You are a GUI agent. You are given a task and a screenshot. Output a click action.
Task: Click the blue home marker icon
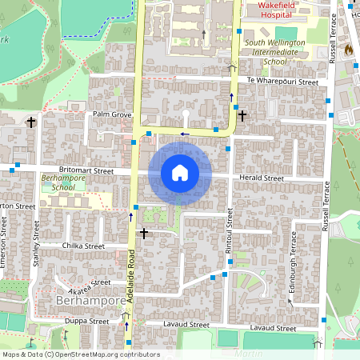(x=180, y=173)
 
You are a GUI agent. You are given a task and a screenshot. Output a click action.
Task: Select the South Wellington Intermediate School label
(x=276, y=52)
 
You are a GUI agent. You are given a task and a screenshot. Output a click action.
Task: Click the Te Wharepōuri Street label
(x=282, y=82)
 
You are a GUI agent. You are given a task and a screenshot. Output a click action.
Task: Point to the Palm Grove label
(x=111, y=114)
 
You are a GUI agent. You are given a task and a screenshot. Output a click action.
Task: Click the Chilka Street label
(x=83, y=246)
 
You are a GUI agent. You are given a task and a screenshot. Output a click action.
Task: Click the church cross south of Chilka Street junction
(x=144, y=234)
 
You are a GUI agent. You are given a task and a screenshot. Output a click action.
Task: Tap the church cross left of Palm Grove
(x=31, y=122)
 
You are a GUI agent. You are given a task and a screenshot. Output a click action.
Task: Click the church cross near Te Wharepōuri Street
(x=242, y=116)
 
